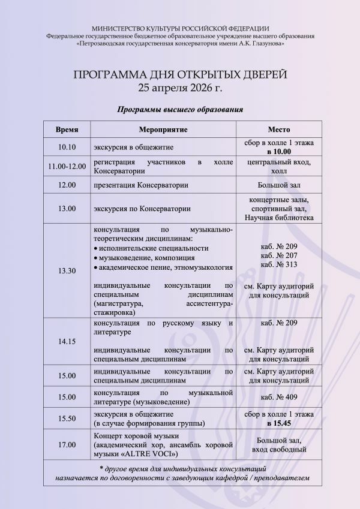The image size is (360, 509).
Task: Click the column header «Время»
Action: click(x=67, y=129)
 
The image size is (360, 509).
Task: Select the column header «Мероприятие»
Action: click(x=163, y=129)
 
